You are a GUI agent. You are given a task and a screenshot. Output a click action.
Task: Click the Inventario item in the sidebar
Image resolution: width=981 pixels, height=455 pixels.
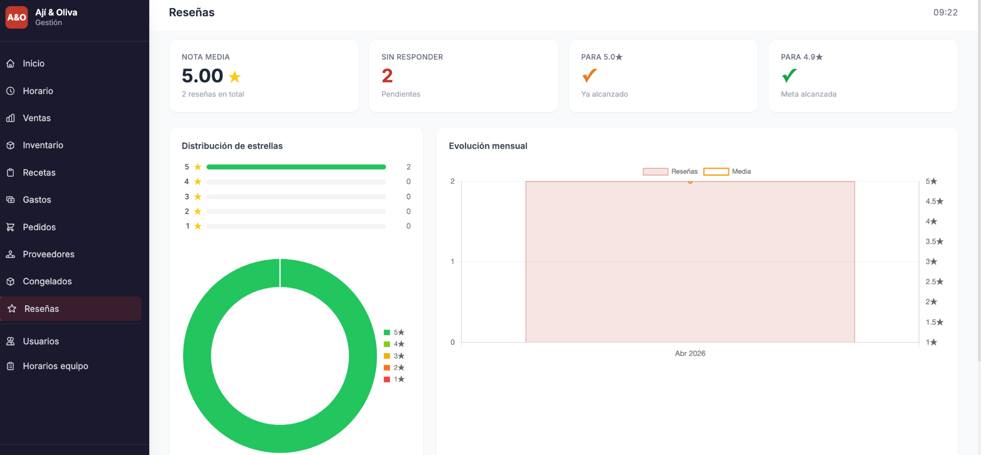pos(43,145)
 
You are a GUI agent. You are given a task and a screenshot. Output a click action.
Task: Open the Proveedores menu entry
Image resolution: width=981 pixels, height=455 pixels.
pos(49,254)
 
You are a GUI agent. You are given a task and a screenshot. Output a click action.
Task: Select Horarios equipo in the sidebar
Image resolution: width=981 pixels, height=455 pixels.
pos(55,366)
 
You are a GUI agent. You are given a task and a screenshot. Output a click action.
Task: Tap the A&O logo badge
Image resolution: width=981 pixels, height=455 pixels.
pos(16,17)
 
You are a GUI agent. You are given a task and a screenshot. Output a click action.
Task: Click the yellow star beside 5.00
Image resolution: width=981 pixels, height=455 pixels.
pos(235,77)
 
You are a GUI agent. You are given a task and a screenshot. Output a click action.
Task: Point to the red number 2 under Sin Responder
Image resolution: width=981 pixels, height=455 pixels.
pos(387,76)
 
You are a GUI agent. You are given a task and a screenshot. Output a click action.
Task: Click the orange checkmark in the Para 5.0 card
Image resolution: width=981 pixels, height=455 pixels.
pos(589,76)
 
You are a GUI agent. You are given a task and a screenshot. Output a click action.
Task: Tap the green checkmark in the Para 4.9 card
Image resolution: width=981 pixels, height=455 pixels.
pos(789,76)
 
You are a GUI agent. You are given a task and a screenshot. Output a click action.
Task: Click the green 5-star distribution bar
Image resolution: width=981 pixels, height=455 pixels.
pos(296,167)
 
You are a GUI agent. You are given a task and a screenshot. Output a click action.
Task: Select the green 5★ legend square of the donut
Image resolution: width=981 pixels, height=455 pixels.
pos(387,332)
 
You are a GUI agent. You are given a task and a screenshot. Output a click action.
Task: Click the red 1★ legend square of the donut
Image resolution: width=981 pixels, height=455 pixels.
pos(387,379)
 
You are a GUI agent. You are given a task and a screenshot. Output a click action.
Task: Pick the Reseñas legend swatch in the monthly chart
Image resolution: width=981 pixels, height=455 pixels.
pos(656,172)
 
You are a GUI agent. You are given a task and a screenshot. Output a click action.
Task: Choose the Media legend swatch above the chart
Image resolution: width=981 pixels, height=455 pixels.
pos(716,172)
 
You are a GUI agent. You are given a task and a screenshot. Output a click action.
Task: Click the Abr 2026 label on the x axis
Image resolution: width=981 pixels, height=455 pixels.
pos(690,353)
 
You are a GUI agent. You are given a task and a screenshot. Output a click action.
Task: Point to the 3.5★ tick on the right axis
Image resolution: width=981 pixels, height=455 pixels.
pos(935,241)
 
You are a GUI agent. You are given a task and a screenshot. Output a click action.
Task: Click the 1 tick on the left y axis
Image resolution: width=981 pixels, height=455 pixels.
pos(452,261)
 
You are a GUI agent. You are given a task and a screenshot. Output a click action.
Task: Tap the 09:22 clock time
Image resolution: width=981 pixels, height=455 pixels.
pos(945,12)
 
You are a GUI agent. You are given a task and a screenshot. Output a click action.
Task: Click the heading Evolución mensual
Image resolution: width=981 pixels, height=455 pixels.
pos(488,146)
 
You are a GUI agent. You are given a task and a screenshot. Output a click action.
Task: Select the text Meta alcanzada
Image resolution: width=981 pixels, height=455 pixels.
pos(808,94)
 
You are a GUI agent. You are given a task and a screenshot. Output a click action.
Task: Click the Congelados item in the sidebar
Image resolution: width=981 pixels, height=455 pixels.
pos(47,281)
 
